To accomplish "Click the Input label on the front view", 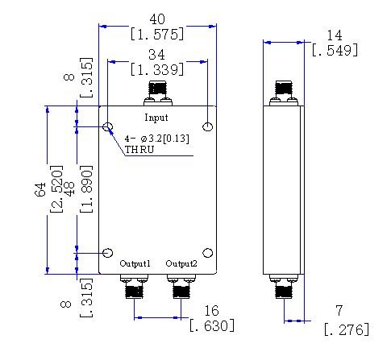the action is [x=156, y=118].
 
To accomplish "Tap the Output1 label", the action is [x=135, y=263].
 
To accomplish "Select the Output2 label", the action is [x=181, y=263].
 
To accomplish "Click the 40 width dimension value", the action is [x=157, y=19].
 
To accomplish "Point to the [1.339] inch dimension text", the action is [x=157, y=69].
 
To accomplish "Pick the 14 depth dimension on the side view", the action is [x=335, y=35].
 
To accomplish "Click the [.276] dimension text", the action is [x=347, y=329].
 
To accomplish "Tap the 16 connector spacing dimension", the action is [x=212, y=311].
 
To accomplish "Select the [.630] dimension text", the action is [x=212, y=325].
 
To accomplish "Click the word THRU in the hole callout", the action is [x=139, y=150].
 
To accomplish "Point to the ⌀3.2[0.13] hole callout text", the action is [x=164, y=139].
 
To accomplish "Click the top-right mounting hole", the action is [x=208, y=126].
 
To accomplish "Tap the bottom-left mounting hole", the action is [x=108, y=253].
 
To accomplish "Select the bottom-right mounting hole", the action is [x=207, y=253].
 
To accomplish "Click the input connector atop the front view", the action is [x=158, y=93].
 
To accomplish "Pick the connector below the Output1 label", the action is [x=134, y=286].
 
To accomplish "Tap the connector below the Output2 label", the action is [x=181, y=286].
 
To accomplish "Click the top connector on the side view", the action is [x=284, y=93].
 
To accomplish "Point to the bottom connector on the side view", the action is [x=284, y=286].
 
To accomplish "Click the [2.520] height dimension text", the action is [x=56, y=189].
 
